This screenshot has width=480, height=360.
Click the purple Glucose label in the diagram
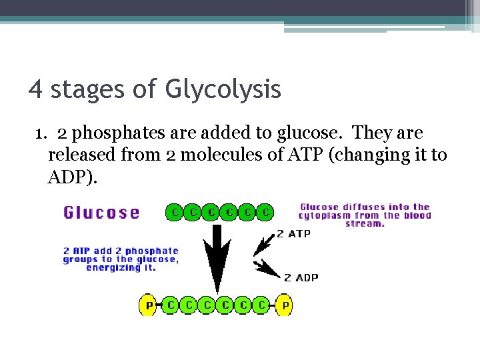click(x=101, y=213)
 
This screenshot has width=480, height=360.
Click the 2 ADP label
click(x=301, y=277)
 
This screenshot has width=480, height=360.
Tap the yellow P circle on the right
click(x=285, y=305)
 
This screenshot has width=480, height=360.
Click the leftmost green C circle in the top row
click(x=174, y=213)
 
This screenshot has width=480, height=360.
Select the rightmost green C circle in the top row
click(x=265, y=213)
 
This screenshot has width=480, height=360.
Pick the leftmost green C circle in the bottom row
click(x=171, y=305)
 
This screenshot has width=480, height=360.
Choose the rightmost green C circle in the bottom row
click(x=263, y=305)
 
